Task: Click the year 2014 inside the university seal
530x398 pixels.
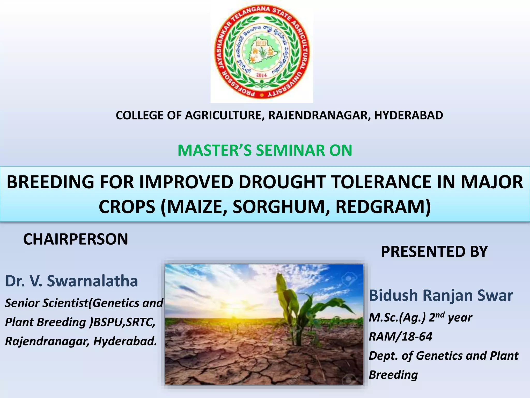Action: [x=261, y=75]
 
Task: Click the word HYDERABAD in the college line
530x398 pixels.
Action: [x=408, y=115]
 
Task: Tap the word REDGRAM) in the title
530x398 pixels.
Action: [x=383, y=207]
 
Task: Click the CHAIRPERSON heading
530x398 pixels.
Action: [x=76, y=239]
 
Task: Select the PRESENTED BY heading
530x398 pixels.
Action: [x=434, y=251]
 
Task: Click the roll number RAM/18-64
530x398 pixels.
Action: [x=400, y=337]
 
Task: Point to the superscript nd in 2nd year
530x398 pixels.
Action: [x=440, y=315]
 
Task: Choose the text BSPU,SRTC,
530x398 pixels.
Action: [x=124, y=322]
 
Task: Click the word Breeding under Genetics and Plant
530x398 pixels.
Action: [x=393, y=375]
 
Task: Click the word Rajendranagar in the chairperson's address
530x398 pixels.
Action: [x=47, y=341]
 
